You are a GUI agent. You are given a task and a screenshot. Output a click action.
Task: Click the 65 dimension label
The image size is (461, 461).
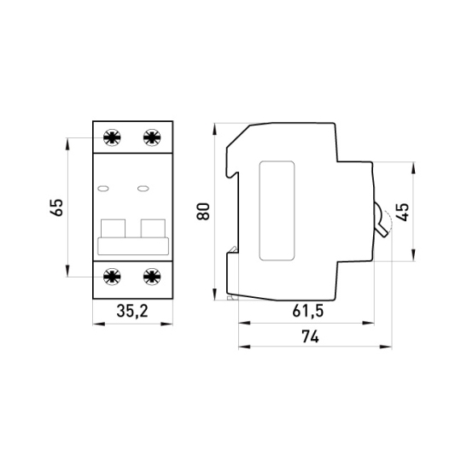pyautogui.click(x=56, y=207)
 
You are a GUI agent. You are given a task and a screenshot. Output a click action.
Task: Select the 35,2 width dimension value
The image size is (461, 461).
pyautogui.click(x=132, y=311)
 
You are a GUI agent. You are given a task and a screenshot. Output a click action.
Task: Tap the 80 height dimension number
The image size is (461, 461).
pyautogui.click(x=203, y=212)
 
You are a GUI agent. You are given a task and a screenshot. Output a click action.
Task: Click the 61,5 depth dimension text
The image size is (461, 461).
pyautogui.click(x=308, y=311)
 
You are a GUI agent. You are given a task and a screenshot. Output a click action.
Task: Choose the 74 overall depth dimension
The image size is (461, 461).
pyautogui.click(x=310, y=336)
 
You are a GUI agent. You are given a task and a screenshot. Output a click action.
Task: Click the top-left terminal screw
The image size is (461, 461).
pyautogui.click(x=112, y=137)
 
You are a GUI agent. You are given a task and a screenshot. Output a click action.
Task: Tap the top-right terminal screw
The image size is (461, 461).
pyautogui.click(x=152, y=137)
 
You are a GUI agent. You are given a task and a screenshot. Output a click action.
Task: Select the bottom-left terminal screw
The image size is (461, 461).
pyautogui.click(x=112, y=277)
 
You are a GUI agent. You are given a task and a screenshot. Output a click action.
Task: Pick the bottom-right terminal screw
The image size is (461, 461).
pyautogui.click(x=152, y=277)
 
